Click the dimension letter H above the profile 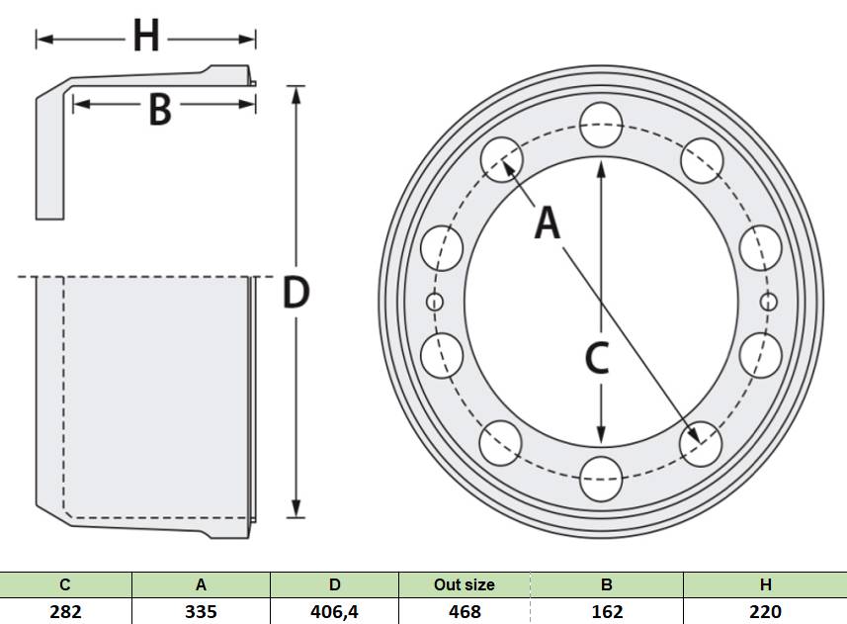coord(146,36)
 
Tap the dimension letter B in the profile coord(160,110)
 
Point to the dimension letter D coord(296,293)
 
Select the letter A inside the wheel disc coord(548,223)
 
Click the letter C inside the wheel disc coord(597,358)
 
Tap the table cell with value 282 coord(65,611)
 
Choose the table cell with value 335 coord(201,611)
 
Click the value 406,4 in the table coord(334,611)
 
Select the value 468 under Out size coord(465,611)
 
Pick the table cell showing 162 coord(607,611)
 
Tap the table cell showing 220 coord(765,611)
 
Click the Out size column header coord(465,584)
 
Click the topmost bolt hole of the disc coord(601,125)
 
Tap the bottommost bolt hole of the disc coord(601,479)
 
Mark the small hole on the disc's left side coord(435,302)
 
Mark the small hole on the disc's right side coord(768,302)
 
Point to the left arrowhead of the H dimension coord(44,39)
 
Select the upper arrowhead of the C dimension coord(601,167)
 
